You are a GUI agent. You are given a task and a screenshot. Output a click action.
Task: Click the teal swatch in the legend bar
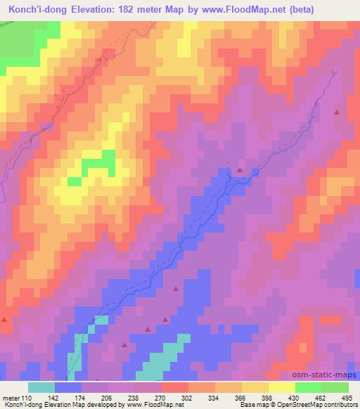[41, 387]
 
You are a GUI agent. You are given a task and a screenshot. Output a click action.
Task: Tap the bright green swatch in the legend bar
[309, 387]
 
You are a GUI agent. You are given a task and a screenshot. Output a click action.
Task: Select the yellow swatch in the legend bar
[282, 387]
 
